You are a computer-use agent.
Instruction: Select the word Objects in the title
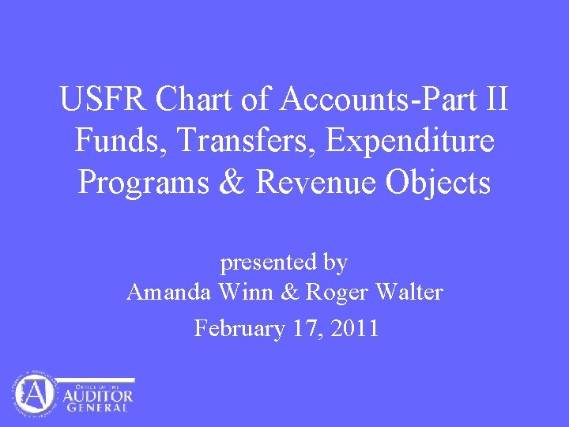[439, 183]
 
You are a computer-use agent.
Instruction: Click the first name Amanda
[168, 293]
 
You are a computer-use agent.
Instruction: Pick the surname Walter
[409, 293]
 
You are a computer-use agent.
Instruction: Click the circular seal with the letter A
[34, 393]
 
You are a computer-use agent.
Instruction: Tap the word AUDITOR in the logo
[98, 394]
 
